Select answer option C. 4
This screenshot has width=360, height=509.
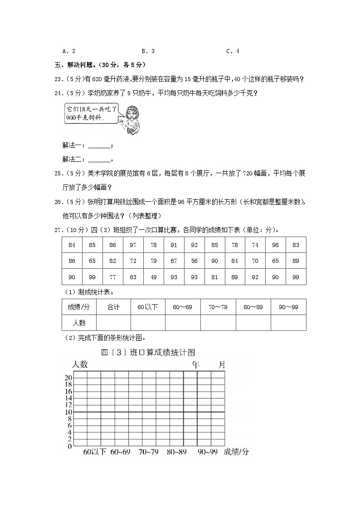point(233,51)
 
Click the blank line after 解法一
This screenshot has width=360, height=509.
point(99,146)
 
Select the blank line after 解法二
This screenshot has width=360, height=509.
point(99,160)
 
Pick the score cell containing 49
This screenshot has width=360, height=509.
point(154,277)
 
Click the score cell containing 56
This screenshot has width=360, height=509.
point(194,261)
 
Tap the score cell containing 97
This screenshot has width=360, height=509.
point(133,245)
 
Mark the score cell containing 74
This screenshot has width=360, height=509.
point(255,245)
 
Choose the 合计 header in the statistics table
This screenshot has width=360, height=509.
point(113,307)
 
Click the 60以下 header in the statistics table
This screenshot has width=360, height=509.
point(148,307)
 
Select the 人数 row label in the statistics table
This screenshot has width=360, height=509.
point(79,323)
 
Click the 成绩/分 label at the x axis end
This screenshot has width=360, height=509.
point(236,452)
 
